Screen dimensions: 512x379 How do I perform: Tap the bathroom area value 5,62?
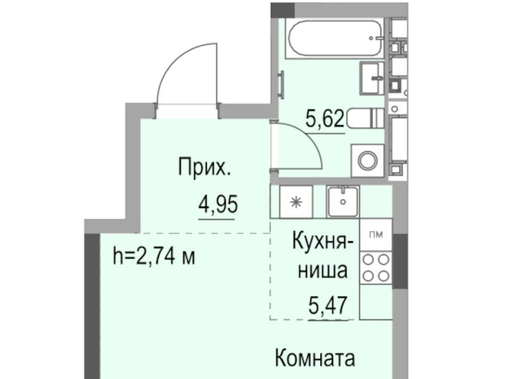(x=325, y=119)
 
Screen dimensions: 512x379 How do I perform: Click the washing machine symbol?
(x=367, y=161)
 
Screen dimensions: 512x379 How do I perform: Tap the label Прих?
(x=204, y=167)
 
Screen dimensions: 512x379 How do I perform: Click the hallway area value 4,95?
(x=218, y=204)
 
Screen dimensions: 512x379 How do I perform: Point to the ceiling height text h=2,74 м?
(x=154, y=256)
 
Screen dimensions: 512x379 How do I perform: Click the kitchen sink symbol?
(x=343, y=201)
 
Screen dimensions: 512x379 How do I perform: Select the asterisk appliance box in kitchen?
(x=296, y=202)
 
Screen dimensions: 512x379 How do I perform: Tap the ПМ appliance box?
(x=375, y=234)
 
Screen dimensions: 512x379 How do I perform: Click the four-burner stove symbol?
(x=375, y=267)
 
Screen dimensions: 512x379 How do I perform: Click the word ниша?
(x=323, y=271)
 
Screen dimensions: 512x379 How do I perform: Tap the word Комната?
(x=315, y=358)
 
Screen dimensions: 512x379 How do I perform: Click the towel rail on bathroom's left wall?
(x=281, y=84)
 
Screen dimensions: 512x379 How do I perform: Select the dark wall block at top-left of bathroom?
(x=283, y=10)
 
